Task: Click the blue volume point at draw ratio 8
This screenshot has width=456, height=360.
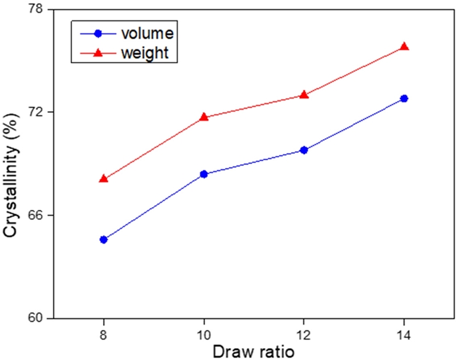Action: point(103,240)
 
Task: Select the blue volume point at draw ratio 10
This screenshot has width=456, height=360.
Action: point(203,174)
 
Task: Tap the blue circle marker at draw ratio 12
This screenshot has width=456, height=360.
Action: point(304,150)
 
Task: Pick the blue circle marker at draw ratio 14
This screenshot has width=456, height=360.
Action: point(404,99)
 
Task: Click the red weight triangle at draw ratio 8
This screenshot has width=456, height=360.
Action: point(103,179)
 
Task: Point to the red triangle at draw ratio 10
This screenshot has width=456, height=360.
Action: point(203,117)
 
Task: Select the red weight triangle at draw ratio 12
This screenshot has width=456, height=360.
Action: point(304,94)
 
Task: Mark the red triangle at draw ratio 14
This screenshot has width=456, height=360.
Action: point(404,46)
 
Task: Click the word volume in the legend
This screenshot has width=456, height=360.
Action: point(146,33)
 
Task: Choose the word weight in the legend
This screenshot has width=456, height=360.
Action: point(145,53)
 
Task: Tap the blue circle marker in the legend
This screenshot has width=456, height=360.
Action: point(97,33)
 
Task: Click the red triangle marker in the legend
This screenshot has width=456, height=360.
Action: point(97,53)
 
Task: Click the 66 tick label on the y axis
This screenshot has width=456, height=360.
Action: point(37,216)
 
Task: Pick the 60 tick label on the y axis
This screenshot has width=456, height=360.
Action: point(37,318)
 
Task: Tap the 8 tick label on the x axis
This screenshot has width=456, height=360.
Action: point(103,333)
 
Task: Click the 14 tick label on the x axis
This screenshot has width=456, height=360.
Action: point(404,333)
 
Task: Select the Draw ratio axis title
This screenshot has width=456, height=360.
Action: point(253,351)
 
